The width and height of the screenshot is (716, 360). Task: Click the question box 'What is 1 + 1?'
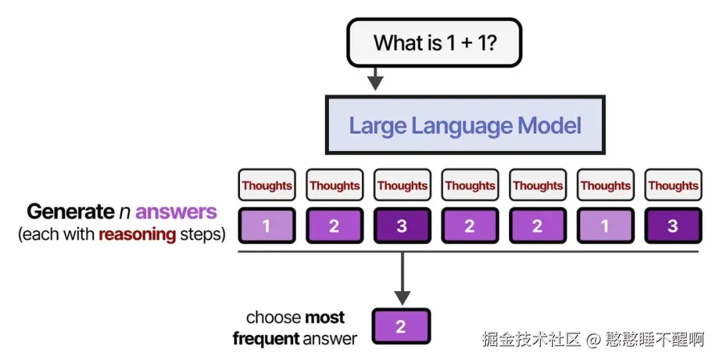tap(434, 43)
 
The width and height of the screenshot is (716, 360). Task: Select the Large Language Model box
tap(465, 125)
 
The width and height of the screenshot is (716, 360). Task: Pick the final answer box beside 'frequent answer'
tap(401, 326)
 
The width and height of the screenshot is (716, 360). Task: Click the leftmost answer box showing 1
tap(267, 226)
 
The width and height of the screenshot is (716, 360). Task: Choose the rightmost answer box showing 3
tap(672, 226)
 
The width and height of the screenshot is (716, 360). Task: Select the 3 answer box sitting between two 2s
tap(402, 226)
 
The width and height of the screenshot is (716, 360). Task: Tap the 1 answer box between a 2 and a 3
tap(605, 226)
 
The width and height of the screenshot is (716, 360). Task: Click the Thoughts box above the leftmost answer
tap(267, 186)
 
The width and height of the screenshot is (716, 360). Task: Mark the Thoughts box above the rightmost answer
tap(672, 186)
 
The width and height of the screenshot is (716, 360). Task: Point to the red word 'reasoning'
tap(137, 234)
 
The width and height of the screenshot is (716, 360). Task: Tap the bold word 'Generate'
tap(70, 212)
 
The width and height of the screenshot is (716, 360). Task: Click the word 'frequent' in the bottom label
tap(266, 339)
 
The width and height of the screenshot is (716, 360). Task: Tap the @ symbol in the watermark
tap(593, 339)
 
